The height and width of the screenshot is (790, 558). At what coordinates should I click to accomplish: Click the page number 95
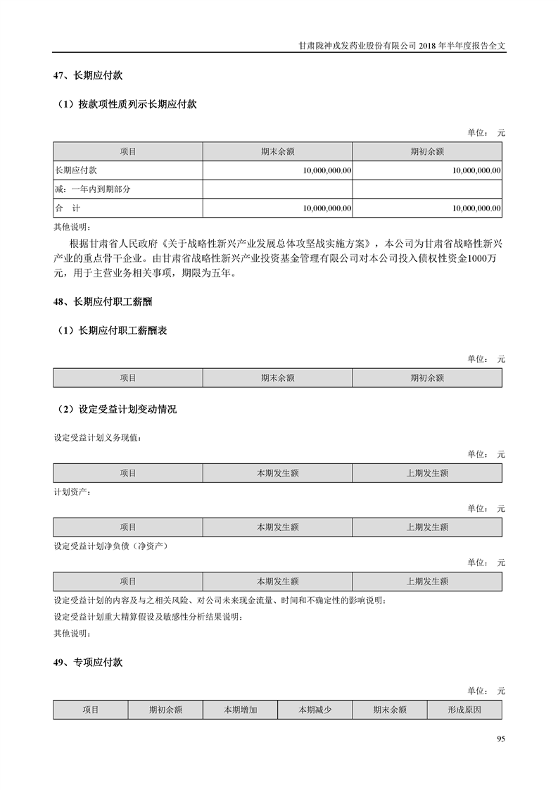pos(500,739)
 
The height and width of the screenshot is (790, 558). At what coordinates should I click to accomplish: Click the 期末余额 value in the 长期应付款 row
pos(327,170)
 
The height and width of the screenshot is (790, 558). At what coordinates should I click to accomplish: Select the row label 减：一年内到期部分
pos(93,189)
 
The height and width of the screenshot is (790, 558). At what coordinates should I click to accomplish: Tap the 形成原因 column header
pos(464,710)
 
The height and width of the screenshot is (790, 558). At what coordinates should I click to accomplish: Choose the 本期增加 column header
pos(240,710)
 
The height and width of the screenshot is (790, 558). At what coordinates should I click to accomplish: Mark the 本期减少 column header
pos(315,710)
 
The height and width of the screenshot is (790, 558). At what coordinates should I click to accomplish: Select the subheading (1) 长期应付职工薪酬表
pos(111,330)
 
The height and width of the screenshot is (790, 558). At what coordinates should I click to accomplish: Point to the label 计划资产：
pos(72,491)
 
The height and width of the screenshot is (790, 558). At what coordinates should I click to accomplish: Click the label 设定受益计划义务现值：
pos(97,437)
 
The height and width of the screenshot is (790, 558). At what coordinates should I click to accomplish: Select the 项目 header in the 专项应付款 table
pos(90,710)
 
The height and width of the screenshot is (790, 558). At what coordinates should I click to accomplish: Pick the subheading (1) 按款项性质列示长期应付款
pos(126,104)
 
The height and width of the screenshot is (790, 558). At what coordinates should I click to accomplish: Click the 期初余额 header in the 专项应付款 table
pos(165,710)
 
